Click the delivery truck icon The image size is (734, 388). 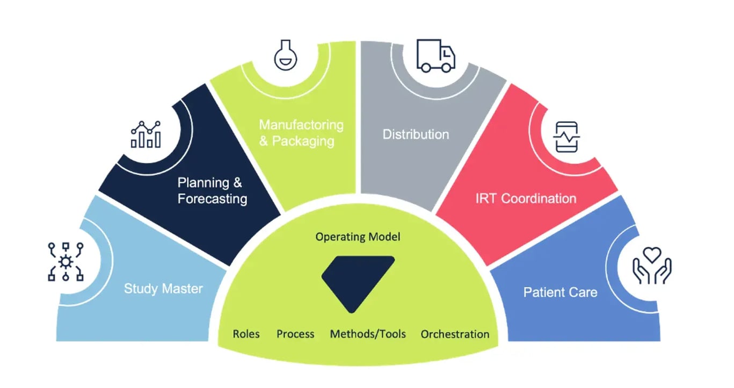pyautogui.click(x=436, y=55)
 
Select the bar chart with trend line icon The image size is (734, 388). pyautogui.click(x=146, y=134)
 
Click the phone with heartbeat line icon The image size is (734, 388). pyautogui.click(x=566, y=136)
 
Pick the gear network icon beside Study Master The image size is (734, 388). pyautogui.click(x=66, y=262)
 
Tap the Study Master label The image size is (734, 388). pyautogui.click(x=163, y=289)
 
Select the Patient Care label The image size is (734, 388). pyautogui.click(x=560, y=292)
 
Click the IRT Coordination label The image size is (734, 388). pyautogui.click(x=526, y=198)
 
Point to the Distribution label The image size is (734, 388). pyautogui.click(x=416, y=134)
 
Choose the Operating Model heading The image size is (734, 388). pyautogui.click(x=358, y=237)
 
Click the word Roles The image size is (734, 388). pyautogui.click(x=246, y=334)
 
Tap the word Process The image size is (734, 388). pyautogui.click(x=295, y=334)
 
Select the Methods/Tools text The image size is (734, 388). pyautogui.click(x=368, y=334)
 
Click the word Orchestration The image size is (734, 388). pyautogui.click(x=455, y=334)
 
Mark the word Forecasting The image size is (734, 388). pyautogui.click(x=213, y=199)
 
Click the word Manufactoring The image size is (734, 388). pyautogui.click(x=301, y=125)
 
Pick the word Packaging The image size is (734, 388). pyautogui.click(x=303, y=141)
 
